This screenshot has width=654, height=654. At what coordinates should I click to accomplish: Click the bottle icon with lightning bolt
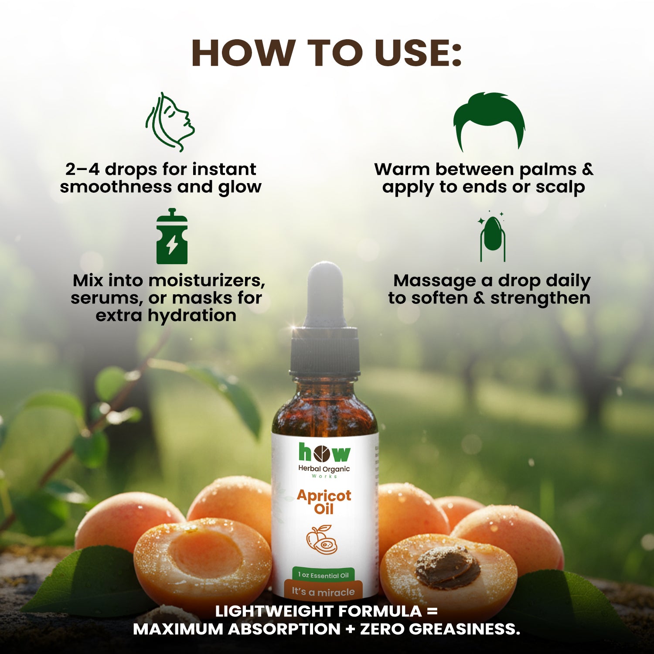click(172, 236)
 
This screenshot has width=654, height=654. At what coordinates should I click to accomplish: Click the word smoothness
click(116, 187)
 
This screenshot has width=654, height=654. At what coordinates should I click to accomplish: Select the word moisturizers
click(206, 281)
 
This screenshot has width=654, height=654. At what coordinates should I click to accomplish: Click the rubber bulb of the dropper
click(324, 294)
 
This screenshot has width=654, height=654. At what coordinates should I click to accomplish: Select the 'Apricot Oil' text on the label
click(324, 502)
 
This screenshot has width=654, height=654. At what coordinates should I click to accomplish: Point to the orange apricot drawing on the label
click(322, 539)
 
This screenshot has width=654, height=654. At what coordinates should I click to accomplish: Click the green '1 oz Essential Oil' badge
click(323, 575)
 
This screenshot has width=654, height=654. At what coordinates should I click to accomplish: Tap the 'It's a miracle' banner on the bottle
click(323, 592)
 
